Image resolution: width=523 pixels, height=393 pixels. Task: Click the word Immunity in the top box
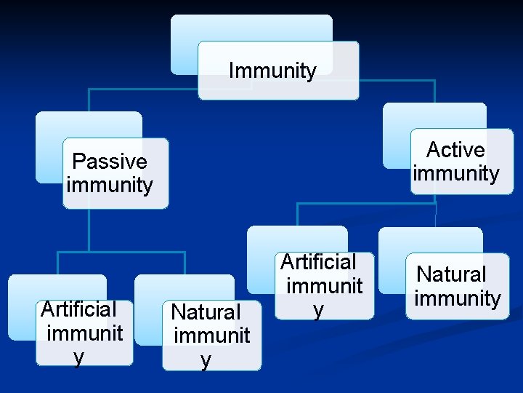(x=272, y=71)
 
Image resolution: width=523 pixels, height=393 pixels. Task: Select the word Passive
(x=110, y=162)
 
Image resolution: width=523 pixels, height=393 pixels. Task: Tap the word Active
(x=455, y=150)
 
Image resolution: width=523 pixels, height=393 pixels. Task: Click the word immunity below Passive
(x=110, y=185)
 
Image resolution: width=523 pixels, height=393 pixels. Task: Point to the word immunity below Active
(x=455, y=173)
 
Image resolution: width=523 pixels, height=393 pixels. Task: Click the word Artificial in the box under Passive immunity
(x=78, y=309)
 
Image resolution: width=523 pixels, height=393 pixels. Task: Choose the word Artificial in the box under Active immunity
(x=318, y=261)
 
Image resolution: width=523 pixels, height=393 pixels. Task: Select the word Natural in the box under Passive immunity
(x=206, y=312)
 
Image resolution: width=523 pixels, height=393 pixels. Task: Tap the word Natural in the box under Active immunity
(x=451, y=274)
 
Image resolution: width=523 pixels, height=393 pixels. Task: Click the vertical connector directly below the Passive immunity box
(x=89, y=229)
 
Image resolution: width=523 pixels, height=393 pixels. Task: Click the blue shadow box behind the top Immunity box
(x=218, y=29)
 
